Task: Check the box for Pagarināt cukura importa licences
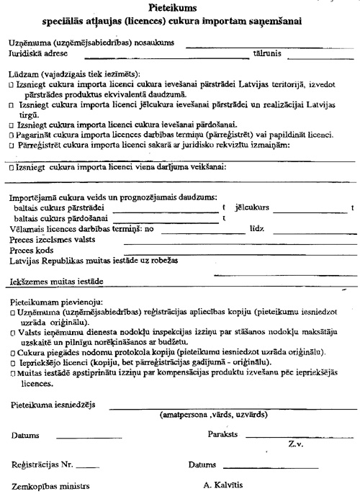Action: [x=12, y=135]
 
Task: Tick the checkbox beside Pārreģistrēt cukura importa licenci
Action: [x=12, y=145]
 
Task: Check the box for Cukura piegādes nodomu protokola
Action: [x=12, y=351]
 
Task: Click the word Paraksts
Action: [x=222, y=435]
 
